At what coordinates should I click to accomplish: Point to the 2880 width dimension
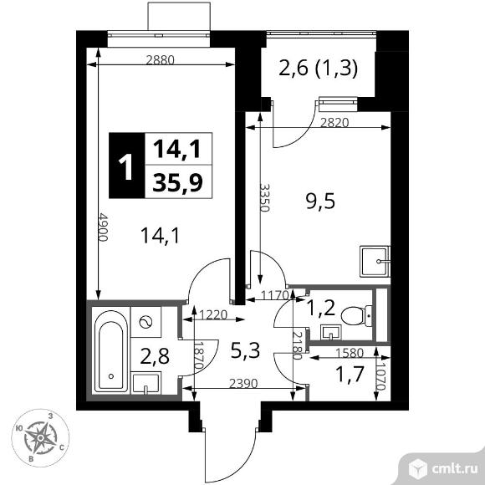163,59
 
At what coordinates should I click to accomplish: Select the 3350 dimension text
264,201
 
